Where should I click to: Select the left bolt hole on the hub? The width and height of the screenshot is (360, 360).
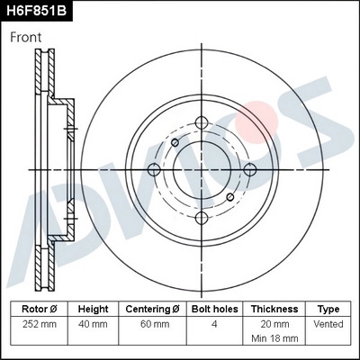pyautogui.click(x=154, y=169)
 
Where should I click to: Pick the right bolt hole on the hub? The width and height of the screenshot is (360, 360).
pyautogui.click(x=249, y=169)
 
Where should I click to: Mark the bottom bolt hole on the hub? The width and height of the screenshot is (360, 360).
pyautogui.click(x=202, y=217)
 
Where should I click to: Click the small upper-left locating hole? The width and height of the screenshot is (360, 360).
pyautogui.click(x=175, y=142)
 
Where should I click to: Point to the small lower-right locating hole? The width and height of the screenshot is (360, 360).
pyautogui.click(x=229, y=196)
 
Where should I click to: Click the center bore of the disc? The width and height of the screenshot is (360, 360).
pyautogui.click(x=202, y=169)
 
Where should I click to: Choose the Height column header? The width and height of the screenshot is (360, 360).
pyautogui.click(x=93, y=308)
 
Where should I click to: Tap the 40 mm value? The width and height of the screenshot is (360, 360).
pyautogui.click(x=93, y=323)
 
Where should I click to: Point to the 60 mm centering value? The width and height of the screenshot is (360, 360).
pyautogui.click(x=154, y=323)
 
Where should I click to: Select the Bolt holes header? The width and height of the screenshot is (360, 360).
pyautogui.click(x=215, y=308)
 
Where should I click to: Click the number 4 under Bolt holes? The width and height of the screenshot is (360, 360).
pyautogui.click(x=215, y=323)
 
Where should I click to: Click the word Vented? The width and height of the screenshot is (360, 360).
pyautogui.click(x=329, y=323)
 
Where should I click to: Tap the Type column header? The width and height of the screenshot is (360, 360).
pyautogui.click(x=329, y=308)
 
